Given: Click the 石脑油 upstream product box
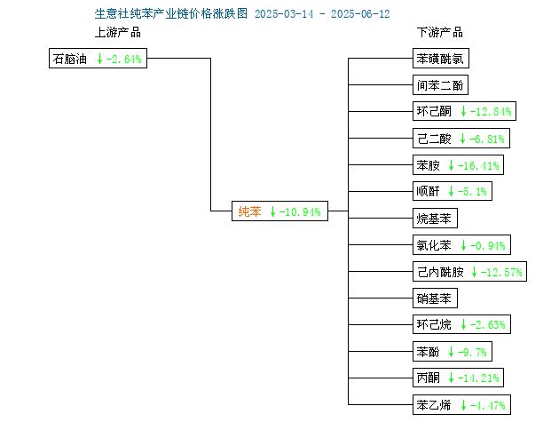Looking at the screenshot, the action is [98, 59].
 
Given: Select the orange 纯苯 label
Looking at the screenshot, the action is [249, 211].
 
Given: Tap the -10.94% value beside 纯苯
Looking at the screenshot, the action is [300, 211].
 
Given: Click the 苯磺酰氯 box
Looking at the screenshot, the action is [441, 59].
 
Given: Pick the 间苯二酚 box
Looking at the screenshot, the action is [440, 85].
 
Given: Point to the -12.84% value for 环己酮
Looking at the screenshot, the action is [491, 111].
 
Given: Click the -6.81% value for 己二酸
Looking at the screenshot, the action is [486, 139].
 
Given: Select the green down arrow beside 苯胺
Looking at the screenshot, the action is [452, 165].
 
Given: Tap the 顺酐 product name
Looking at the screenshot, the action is [428, 191].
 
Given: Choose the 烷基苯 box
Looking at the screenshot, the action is [435, 219].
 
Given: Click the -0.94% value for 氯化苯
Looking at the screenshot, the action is [487, 245].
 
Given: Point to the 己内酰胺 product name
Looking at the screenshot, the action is [440, 272].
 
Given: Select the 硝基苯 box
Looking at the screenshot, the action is [435, 299].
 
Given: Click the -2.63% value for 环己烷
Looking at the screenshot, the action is [487, 324].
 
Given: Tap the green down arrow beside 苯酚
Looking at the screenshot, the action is [452, 352].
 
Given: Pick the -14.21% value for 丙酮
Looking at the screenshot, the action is [478, 378].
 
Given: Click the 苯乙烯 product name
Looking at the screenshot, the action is [434, 405].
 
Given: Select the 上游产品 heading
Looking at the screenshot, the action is [118, 32].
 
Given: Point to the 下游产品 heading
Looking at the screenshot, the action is [440, 32].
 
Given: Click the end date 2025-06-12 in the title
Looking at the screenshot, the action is [360, 14].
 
